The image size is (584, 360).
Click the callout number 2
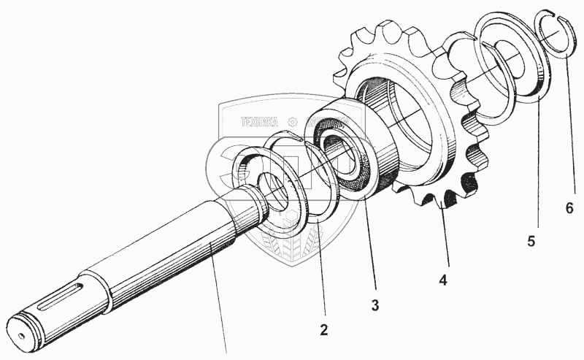pos(324,329)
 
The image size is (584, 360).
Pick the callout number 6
pos(569,207)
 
